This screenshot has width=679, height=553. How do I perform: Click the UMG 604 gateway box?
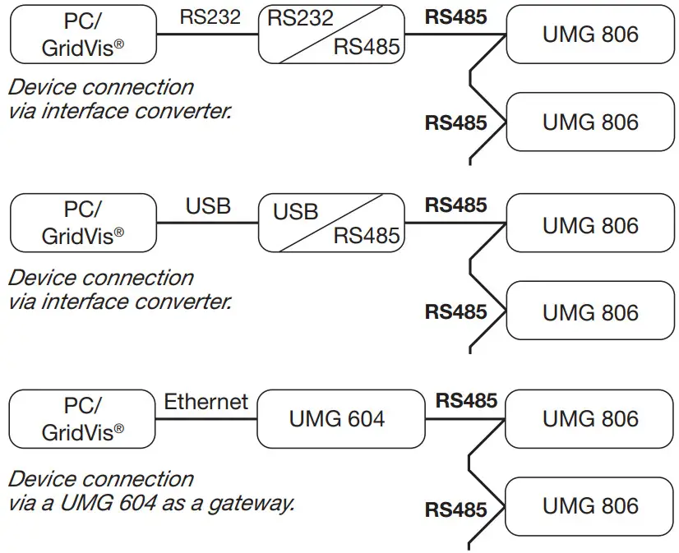point(341,419)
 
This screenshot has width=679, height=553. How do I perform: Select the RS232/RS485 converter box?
point(332,35)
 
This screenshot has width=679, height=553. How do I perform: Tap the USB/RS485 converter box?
point(332,223)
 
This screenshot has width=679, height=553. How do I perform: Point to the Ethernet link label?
point(206,402)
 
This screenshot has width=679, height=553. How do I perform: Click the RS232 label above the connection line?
point(210,17)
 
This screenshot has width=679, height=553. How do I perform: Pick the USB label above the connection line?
point(208,206)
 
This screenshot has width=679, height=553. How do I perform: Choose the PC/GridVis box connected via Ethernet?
point(82,419)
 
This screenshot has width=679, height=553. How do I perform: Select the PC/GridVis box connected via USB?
point(83,223)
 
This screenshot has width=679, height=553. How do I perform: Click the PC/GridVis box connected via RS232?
point(83,35)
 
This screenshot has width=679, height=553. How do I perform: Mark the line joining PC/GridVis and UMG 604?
point(206,419)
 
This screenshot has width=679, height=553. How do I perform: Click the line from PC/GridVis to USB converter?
point(207,223)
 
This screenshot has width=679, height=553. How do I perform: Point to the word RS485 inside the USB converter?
point(367,236)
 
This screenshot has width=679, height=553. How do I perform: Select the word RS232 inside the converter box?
point(300,18)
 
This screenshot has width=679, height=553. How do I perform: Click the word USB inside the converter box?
point(295,212)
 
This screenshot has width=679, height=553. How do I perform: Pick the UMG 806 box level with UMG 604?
point(589,419)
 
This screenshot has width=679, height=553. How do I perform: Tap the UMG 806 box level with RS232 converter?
point(590,35)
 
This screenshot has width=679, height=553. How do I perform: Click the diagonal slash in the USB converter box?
point(331,223)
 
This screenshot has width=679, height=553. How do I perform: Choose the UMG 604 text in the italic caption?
point(108,503)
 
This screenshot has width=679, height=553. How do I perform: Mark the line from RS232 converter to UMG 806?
point(455,35)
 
